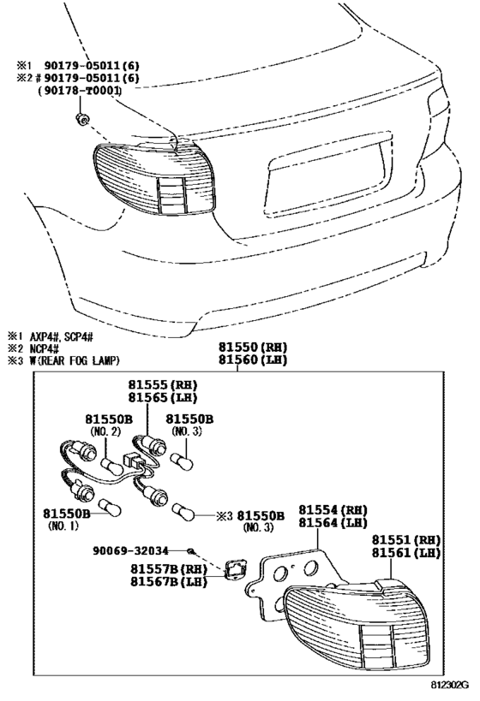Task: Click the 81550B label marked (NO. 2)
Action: (107, 419)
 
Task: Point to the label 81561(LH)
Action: (405, 554)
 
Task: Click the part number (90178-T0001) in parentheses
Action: (78, 91)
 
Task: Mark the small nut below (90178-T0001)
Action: (81, 117)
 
